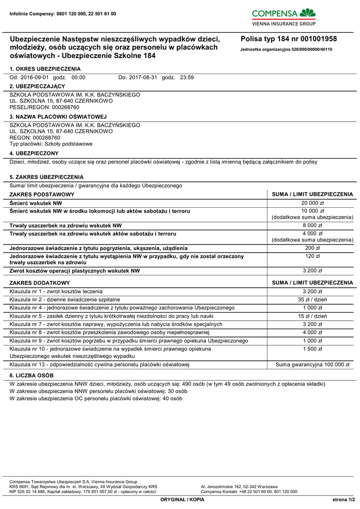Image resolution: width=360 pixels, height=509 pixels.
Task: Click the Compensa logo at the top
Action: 284,16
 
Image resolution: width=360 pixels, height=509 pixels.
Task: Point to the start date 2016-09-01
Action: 34,78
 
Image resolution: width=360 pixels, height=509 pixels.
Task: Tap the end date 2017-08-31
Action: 143,78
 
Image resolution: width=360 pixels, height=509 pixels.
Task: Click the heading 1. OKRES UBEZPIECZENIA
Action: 45,69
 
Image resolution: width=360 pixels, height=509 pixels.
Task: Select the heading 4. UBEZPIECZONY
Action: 34,153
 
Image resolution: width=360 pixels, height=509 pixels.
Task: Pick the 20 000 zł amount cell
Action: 312,203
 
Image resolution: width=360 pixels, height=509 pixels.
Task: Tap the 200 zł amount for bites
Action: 312,248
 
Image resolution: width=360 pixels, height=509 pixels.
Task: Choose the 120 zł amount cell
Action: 312,256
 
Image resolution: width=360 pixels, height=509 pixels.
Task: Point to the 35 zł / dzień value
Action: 312,300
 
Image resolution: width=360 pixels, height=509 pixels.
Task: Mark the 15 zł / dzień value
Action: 312,316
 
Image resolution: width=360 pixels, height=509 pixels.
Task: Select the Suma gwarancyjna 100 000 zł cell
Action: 312,365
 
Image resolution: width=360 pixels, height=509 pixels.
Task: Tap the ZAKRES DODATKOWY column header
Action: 40,282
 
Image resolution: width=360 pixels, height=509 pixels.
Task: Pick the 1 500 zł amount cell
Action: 312,349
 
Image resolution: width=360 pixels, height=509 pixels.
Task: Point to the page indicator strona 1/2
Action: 344,499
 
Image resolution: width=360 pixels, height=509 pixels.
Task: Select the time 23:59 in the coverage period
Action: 187,78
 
